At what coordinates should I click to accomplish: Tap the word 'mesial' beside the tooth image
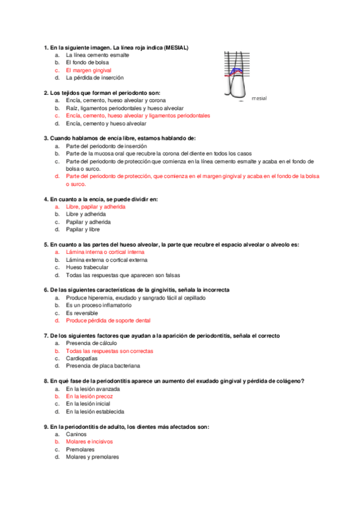pos(259,98)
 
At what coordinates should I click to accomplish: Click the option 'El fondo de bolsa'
pos(88,63)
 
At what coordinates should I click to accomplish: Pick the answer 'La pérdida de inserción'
pos(94,78)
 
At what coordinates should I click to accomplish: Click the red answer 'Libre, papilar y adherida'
pos(95,206)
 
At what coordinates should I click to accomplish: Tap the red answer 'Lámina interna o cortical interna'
pos(105,252)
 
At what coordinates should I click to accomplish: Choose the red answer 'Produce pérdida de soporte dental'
pos(108,320)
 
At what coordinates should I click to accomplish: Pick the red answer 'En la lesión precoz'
pos(89,396)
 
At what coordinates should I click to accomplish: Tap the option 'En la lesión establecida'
pos(94,411)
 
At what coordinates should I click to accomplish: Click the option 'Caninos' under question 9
pos(77,434)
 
